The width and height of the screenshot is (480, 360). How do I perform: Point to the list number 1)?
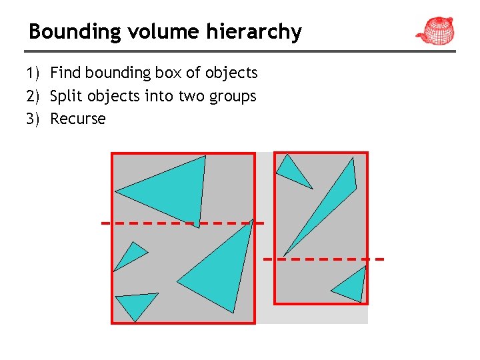[x=34, y=73]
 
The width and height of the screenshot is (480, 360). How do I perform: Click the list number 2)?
[x=34, y=96]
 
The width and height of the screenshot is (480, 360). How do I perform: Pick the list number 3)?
[x=34, y=119]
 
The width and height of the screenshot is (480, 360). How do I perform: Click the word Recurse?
[x=78, y=119]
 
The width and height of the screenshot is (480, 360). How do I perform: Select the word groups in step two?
[x=231, y=97]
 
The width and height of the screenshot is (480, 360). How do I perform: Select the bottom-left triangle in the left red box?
[x=136, y=304]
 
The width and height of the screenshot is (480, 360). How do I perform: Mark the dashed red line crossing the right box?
[x=323, y=258]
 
